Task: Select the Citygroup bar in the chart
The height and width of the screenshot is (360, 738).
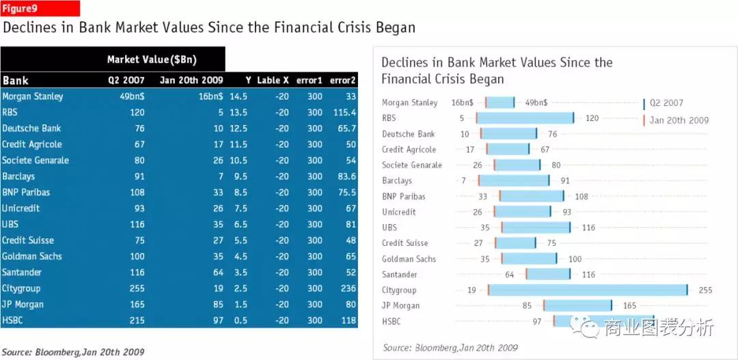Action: pos(588,290)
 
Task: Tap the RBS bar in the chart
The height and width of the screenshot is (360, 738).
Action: pos(525,118)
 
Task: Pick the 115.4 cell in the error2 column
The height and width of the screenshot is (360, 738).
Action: pos(343,113)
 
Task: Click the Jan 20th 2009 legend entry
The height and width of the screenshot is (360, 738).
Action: pos(678,120)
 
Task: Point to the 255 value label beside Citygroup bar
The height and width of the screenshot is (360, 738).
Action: pos(705,290)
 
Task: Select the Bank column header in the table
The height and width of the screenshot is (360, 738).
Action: pos(16,81)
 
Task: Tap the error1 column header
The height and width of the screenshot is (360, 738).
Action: pos(309,81)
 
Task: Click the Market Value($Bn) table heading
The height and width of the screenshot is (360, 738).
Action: pos(152,59)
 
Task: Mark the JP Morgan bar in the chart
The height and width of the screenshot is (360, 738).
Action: pos(578,305)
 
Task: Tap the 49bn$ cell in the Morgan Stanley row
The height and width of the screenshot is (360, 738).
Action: pos(132,96)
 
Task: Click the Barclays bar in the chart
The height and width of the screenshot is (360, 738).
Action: pos(514,180)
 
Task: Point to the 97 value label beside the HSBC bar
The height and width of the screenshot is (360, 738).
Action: pos(537,321)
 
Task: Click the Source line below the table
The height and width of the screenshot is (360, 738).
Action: pos(73,352)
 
